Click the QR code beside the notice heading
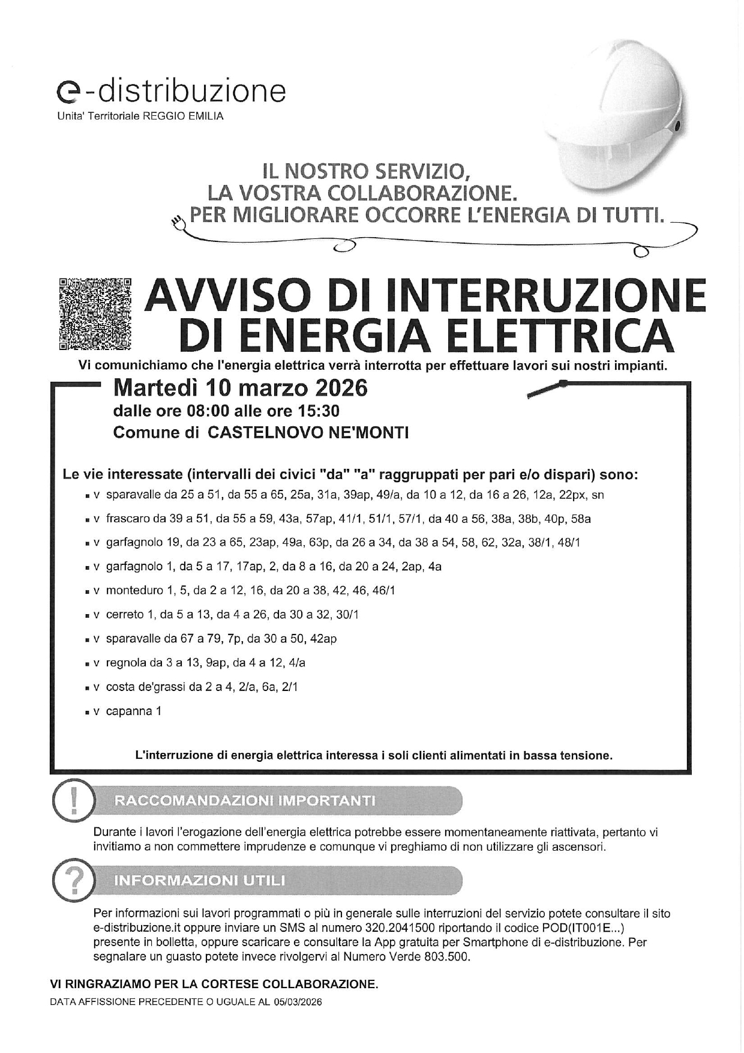click(x=95, y=313)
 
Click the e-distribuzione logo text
click(x=170, y=91)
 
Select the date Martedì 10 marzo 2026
click(x=240, y=388)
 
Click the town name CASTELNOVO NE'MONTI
click(x=308, y=433)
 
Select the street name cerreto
click(x=125, y=615)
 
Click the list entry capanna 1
click(x=133, y=711)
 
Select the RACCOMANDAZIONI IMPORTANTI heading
click(x=245, y=801)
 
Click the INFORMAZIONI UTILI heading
click(x=200, y=881)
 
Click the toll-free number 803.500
click(x=445, y=957)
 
